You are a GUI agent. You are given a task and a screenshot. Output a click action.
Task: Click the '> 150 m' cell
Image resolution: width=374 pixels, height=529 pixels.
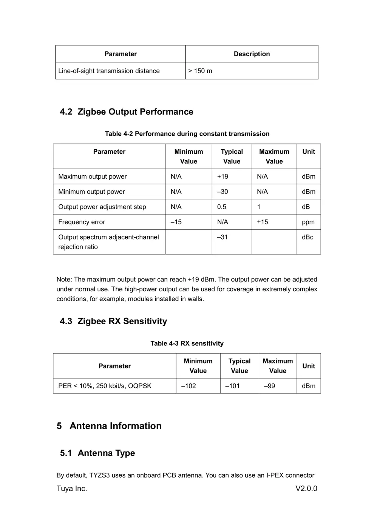(200, 71)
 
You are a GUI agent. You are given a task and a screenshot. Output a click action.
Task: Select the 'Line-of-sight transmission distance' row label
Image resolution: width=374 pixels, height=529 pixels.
(109, 71)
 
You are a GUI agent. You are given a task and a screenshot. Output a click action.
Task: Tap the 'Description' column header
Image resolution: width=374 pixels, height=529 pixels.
(252, 54)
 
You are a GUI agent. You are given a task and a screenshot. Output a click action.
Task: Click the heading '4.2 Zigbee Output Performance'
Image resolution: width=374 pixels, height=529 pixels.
(127, 112)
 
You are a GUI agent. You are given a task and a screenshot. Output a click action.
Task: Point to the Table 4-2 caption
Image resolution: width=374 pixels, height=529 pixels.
(187, 134)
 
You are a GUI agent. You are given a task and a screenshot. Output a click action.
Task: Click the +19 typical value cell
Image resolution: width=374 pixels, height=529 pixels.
(223, 176)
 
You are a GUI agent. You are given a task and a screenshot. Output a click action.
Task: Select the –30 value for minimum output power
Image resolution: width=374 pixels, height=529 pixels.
(223, 192)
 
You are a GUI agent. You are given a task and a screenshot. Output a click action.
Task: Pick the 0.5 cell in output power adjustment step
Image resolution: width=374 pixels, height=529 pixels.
(222, 207)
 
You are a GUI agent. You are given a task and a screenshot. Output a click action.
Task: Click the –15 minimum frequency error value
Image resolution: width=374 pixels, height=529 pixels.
(176, 222)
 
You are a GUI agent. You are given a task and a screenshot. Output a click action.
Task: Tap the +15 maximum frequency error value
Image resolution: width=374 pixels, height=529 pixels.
(263, 222)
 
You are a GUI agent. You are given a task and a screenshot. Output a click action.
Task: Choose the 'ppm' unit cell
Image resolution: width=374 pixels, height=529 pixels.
(308, 222)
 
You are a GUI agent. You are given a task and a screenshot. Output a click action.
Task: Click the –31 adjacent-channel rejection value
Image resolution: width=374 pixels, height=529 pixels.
(223, 237)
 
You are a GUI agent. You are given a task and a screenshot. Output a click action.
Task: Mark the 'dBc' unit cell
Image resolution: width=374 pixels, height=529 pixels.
(308, 237)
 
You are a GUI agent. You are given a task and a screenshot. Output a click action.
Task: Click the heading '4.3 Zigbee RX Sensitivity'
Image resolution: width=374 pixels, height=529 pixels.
(113, 321)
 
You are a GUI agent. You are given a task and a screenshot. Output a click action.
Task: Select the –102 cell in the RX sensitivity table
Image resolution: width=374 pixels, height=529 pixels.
(189, 386)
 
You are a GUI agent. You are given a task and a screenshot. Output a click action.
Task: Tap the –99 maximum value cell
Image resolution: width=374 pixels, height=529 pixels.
(269, 386)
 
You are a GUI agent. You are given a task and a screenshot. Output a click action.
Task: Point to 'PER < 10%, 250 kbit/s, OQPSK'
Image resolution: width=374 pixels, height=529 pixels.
(105, 386)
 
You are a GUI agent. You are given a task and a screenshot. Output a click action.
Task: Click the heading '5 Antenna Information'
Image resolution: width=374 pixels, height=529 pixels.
(109, 426)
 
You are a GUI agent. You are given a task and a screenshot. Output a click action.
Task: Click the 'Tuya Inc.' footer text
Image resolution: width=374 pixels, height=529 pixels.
(72, 489)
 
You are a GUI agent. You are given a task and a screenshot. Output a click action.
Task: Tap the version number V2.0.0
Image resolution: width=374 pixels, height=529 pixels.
(306, 489)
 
